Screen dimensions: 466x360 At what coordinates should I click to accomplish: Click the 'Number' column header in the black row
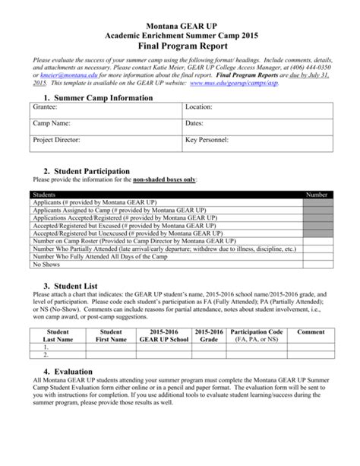(x=316, y=195)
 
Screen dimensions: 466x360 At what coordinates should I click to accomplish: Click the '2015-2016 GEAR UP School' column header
(x=169, y=336)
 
